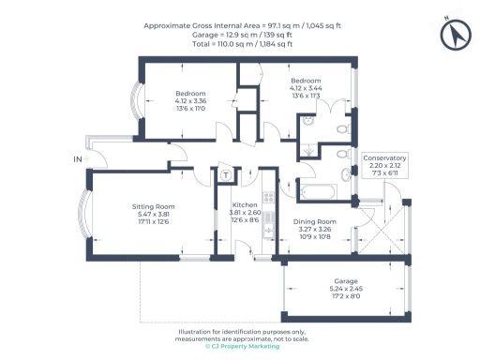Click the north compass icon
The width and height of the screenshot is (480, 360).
(x=453, y=35)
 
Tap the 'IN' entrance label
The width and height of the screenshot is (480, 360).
(x=78, y=160)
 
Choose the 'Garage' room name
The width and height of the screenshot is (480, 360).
(x=346, y=280)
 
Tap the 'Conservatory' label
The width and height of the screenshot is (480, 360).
(x=384, y=157)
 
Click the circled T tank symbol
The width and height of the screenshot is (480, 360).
(x=226, y=175)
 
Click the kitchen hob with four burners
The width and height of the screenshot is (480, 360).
(x=268, y=198)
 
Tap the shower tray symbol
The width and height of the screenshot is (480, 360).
(x=309, y=148)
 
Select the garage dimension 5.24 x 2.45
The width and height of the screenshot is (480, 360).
(x=346, y=289)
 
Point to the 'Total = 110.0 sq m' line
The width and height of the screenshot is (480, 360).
(x=242, y=43)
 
